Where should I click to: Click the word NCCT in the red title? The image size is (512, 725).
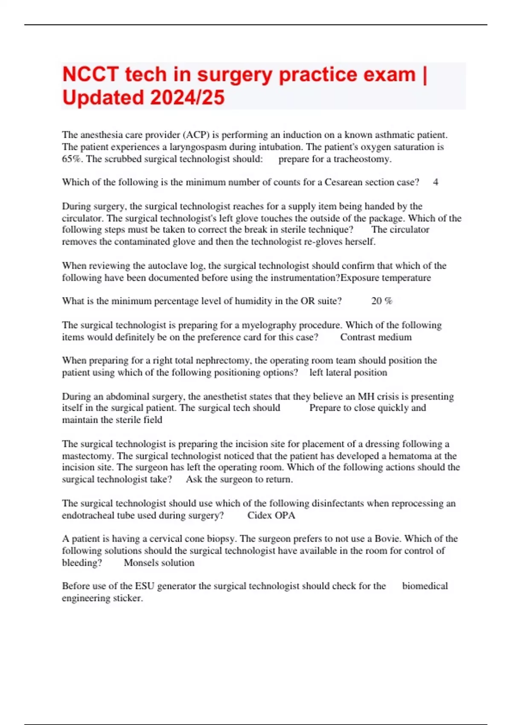[90, 75]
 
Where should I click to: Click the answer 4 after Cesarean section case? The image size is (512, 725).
[435, 182]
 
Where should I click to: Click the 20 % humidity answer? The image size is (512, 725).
[381, 301]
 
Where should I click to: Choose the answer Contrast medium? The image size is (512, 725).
[376, 337]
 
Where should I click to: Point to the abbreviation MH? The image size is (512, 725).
[366, 396]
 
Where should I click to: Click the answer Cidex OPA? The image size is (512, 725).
[271, 515]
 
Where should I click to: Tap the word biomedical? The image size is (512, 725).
[425, 586]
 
